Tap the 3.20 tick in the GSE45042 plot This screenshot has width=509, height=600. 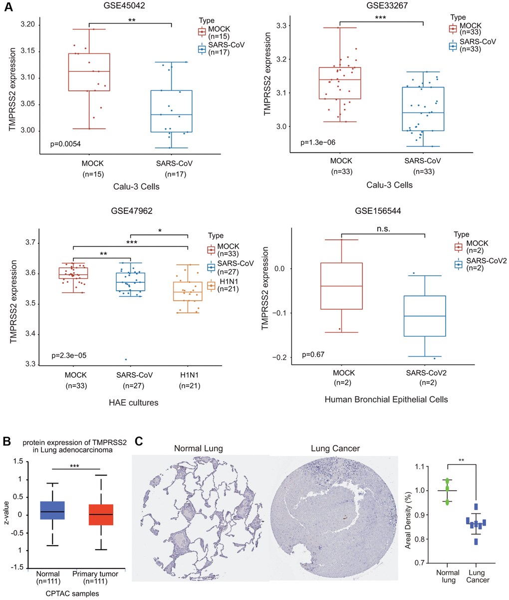tap(27, 24)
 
